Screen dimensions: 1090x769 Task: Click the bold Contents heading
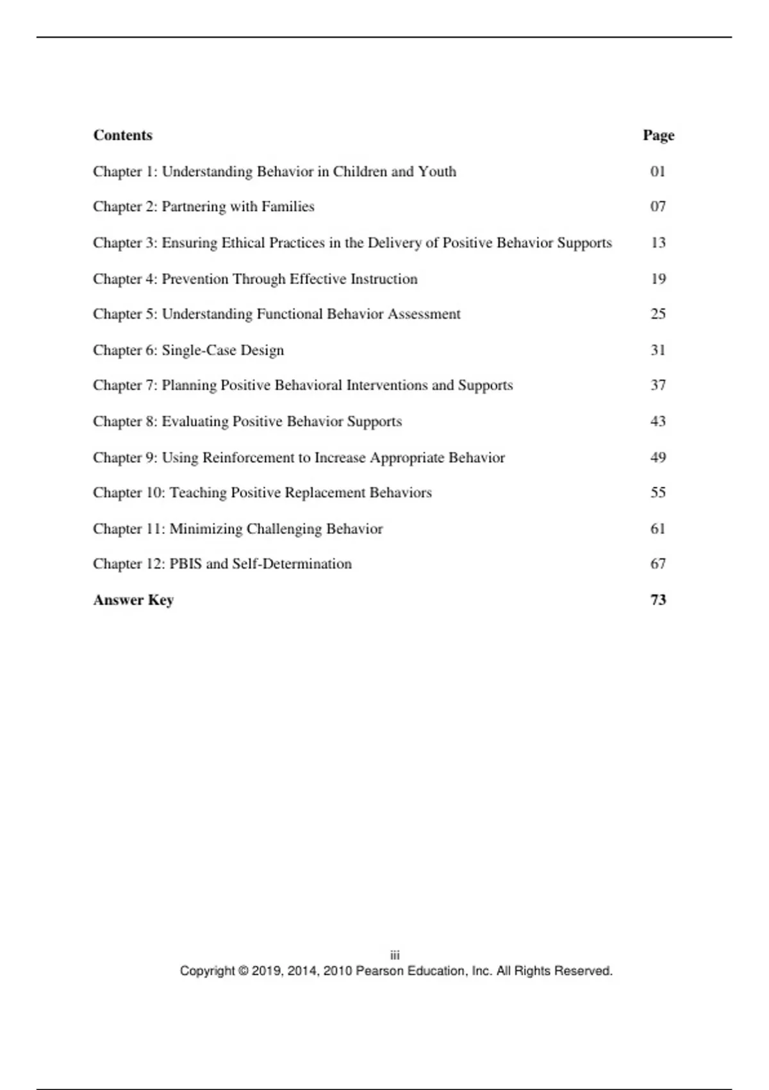pyautogui.click(x=122, y=135)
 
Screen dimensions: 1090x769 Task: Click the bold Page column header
pyautogui.click(x=658, y=135)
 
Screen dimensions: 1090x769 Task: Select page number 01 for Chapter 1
pyautogui.click(x=657, y=171)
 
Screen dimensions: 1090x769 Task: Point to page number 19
pyautogui.click(x=658, y=279)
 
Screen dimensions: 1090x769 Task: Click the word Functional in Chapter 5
pyautogui.click(x=290, y=314)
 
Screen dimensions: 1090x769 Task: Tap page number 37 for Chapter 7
pyautogui.click(x=658, y=385)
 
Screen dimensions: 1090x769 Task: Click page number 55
pyautogui.click(x=658, y=492)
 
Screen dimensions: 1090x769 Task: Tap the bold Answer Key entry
pyautogui.click(x=133, y=600)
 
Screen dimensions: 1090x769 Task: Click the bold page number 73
pyautogui.click(x=658, y=600)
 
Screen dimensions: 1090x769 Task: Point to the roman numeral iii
pyautogui.click(x=395, y=955)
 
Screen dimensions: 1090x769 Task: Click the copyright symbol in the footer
pyautogui.click(x=244, y=971)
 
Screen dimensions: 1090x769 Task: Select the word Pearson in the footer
pyautogui.click(x=379, y=971)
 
